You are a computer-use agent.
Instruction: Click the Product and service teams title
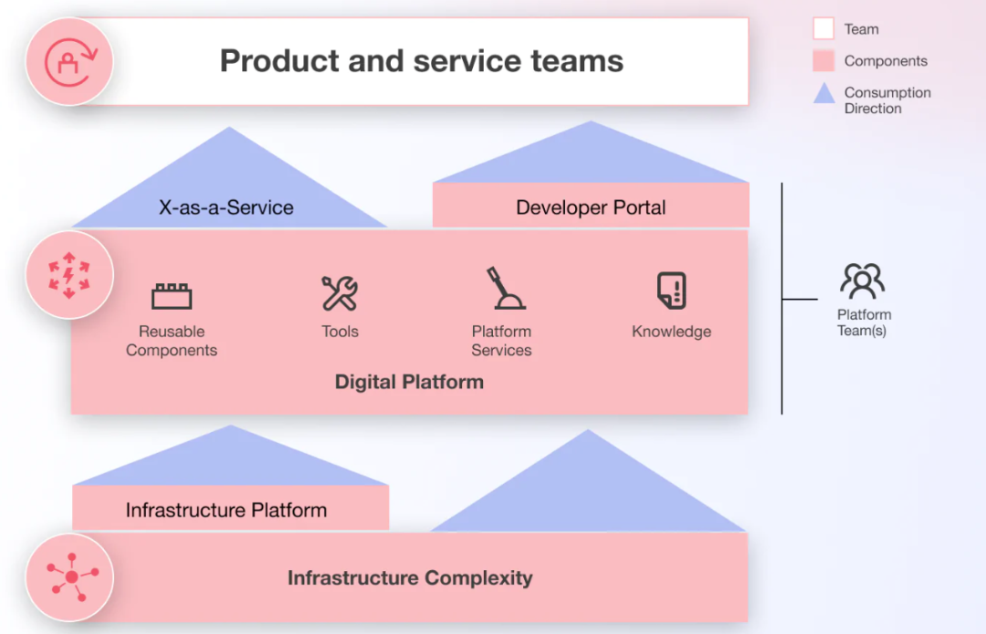[421, 61]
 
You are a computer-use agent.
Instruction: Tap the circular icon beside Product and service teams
[69, 61]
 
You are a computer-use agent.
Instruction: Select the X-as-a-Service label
[226, 207]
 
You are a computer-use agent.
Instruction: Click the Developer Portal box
[591, 206]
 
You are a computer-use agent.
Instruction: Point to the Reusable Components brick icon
[172, 296]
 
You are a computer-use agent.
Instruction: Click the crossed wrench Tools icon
[340, 293]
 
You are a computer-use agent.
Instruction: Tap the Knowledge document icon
[672, 291]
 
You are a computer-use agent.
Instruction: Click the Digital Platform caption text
[409, 382]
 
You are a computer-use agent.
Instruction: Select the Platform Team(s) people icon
[863, 281]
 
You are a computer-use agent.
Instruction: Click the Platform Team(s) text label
[864, 322]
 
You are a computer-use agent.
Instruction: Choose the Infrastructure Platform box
[230, 509]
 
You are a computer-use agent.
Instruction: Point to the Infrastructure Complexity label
[410, 577]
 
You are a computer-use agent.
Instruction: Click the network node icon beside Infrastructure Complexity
[70, 576]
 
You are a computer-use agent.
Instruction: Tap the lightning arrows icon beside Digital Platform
[69, 275]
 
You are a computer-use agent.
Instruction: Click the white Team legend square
[823, 29]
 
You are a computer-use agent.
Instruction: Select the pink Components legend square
[823, 61]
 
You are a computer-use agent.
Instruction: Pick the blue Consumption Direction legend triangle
[824, 93]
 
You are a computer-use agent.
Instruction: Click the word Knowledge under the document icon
[671, 332]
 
